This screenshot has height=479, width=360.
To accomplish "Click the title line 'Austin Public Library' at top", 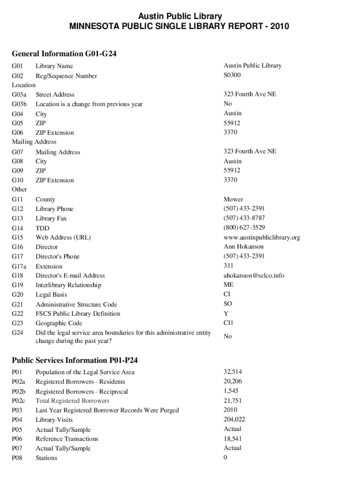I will (x=180, y=17).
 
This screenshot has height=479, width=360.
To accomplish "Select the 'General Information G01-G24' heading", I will (x=64, y=54).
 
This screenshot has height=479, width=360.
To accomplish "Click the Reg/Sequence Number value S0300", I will (x=233, y=75).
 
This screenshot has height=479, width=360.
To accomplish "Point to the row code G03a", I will (x=19, y=94).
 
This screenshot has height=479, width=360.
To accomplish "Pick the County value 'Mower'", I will (x=233, y=199).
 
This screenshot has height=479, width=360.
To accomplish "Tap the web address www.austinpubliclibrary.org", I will (x=262, y=237).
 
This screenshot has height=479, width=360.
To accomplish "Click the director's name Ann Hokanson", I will (x=244, y=247).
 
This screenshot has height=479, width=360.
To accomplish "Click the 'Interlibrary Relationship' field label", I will (x=68, y=285).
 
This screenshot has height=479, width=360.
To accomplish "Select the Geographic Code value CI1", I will (x=229, y=323).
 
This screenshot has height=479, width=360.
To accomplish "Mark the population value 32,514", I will (x=233, y=372).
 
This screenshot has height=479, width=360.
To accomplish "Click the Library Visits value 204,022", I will (x=234, y=419).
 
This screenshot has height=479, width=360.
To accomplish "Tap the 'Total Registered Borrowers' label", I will (x=72, y=400).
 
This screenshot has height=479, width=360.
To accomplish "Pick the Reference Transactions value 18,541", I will (x=233, y=439).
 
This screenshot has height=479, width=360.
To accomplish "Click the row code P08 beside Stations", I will (x=17, y=458).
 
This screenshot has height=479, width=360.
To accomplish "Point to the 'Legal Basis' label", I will (x=51, y=295).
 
